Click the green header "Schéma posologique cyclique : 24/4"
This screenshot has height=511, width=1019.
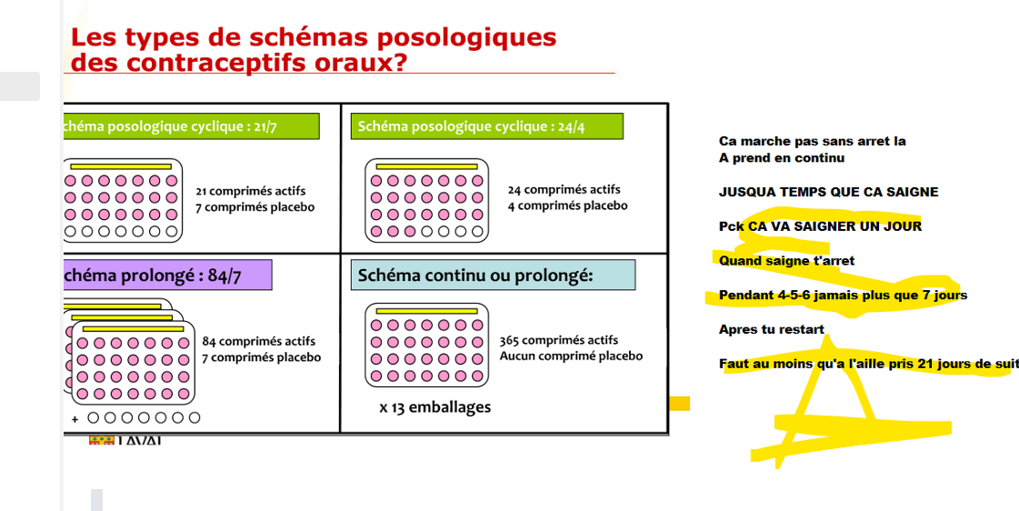pos(486,126)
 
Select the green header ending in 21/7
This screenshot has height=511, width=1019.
pos(191,126)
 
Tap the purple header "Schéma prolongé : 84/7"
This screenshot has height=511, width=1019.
pos(167,276)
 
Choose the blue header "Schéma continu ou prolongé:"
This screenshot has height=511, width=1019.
pos(492,276)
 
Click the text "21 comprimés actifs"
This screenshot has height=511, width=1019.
pos(251,191)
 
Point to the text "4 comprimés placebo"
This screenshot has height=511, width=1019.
pos(567,205)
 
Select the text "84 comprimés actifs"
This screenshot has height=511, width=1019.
pos(259,342)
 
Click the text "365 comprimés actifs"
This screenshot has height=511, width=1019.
pos(558,340)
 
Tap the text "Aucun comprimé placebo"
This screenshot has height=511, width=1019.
pos(571,356)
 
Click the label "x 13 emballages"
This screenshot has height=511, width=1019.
pos(435,407)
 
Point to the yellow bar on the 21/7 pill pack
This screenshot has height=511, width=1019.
pos(121,167)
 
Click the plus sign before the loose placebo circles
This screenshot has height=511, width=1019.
pos(75,419)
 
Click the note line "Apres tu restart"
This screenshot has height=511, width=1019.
pos(772,329)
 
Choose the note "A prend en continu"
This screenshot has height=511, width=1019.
pos(782,158)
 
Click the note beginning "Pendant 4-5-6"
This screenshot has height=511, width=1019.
pos(843,295)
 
